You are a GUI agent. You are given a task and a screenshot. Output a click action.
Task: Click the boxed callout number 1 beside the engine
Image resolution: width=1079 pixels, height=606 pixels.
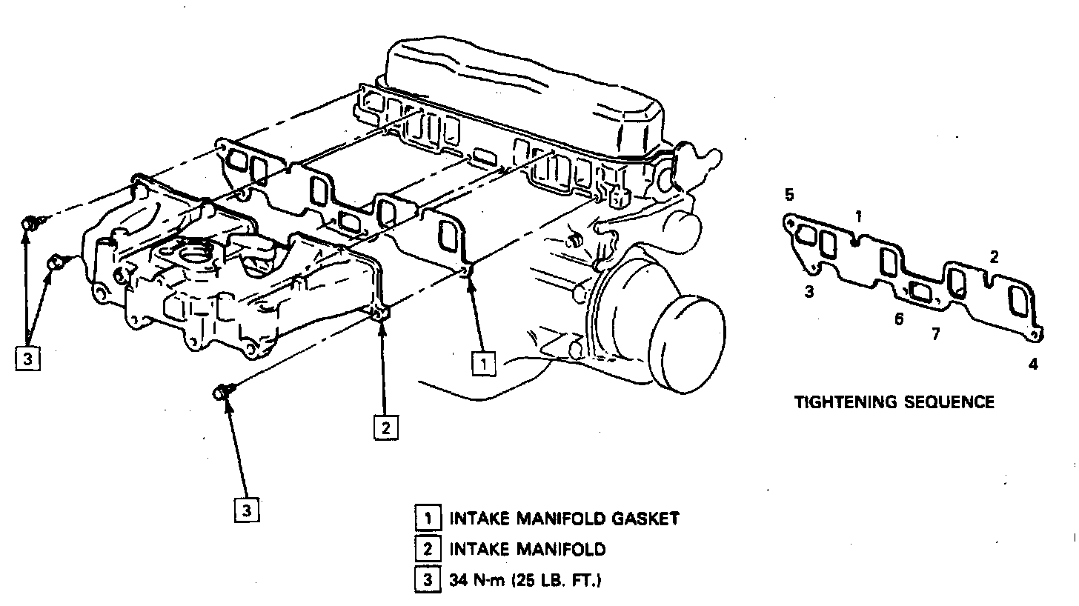483,363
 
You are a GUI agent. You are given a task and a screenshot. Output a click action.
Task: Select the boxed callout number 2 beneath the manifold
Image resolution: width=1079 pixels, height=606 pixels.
386,427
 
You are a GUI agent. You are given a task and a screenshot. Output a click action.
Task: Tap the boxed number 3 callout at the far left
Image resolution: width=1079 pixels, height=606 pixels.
27,359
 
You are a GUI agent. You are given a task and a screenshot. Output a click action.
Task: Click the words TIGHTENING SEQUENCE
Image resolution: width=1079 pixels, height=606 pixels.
894,402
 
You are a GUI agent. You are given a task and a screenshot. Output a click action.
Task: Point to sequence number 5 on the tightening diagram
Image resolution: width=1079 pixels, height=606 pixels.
789,196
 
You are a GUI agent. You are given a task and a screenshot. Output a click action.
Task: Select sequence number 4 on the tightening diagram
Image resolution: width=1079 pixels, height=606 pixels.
1033,364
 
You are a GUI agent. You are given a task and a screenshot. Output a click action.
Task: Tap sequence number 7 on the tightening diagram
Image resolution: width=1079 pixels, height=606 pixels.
935,334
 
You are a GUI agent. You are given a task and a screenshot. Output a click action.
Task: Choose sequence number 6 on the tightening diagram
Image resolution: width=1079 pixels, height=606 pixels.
898,319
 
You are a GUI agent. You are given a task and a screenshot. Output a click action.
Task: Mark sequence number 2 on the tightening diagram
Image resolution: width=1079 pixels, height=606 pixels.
995,258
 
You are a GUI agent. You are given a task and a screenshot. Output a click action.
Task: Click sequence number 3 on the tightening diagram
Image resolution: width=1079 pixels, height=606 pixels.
809,291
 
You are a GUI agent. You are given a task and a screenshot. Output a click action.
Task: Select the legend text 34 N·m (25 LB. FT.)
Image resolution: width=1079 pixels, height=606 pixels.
524,581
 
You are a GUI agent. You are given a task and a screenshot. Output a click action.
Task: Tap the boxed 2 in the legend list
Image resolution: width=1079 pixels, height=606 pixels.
428,549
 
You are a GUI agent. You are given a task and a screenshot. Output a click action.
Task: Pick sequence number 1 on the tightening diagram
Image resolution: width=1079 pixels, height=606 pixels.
858,217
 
